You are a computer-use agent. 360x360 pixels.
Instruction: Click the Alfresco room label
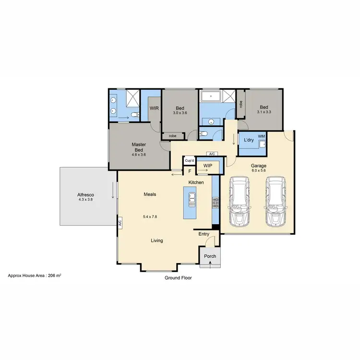point(85,195)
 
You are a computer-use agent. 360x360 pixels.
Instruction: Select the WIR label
point(154,108)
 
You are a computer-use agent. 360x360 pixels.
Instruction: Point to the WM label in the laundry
point(261,137)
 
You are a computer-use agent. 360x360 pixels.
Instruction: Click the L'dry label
point(249,140)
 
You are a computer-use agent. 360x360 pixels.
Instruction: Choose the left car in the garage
point(240,201)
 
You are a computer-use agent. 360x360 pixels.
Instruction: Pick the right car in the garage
point(275,201)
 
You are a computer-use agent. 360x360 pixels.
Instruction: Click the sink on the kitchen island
point(192,198)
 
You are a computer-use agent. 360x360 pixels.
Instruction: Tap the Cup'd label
point(189,160)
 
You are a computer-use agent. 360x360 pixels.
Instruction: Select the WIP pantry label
point(208,166)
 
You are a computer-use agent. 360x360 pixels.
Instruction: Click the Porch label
point(210,256)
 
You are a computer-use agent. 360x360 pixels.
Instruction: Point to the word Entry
point(204,234)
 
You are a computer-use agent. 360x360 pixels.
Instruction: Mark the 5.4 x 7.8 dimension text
point(150,217)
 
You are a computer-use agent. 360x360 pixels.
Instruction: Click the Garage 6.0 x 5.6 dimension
point(258,170)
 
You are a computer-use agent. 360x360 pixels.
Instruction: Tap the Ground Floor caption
point(178,277)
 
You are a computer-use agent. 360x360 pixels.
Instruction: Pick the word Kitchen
point(196,183)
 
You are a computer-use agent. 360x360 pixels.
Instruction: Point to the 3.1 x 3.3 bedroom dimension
point(264,112)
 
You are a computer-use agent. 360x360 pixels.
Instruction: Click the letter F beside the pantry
point(190,171)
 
